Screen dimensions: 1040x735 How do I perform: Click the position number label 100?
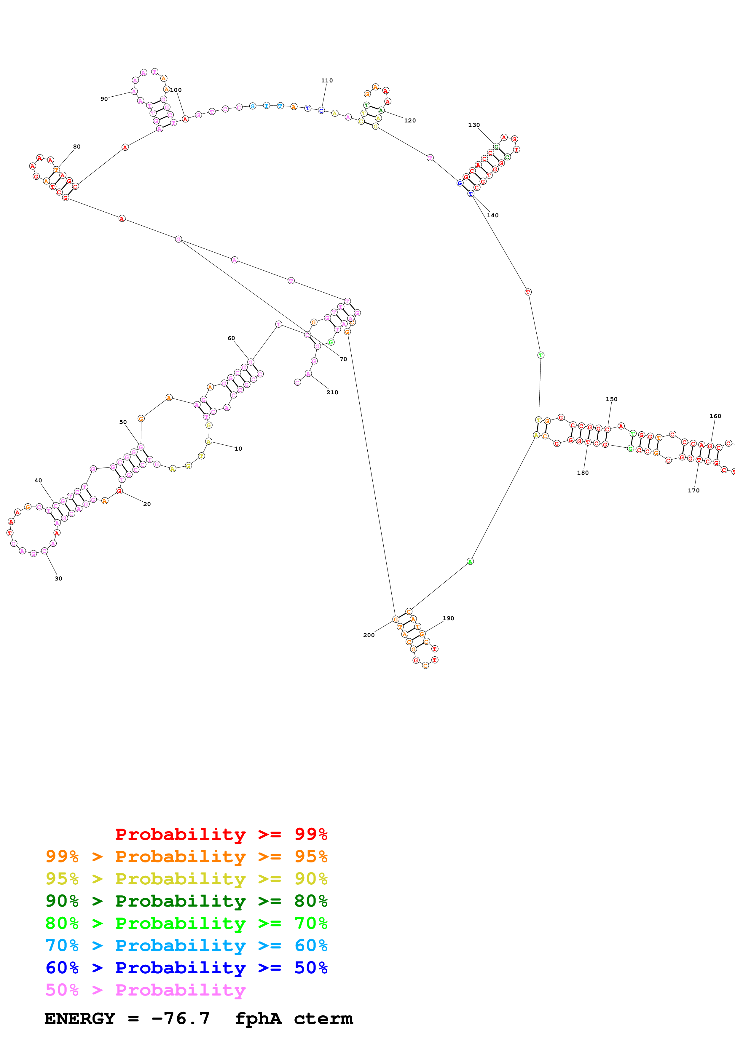[x=176, y=90]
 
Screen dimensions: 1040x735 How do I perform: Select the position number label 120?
[x=409, y=120]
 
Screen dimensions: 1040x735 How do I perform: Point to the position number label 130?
[x=474, y=125]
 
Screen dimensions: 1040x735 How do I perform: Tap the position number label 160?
[x=715, y=416]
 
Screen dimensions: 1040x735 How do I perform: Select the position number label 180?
[x=582, y=473]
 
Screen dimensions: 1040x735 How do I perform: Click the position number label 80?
[x=76, y=147]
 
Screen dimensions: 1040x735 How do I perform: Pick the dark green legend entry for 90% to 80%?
[x=186, y=901]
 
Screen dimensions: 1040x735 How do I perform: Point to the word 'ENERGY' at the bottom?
[x=80, y=1018]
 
